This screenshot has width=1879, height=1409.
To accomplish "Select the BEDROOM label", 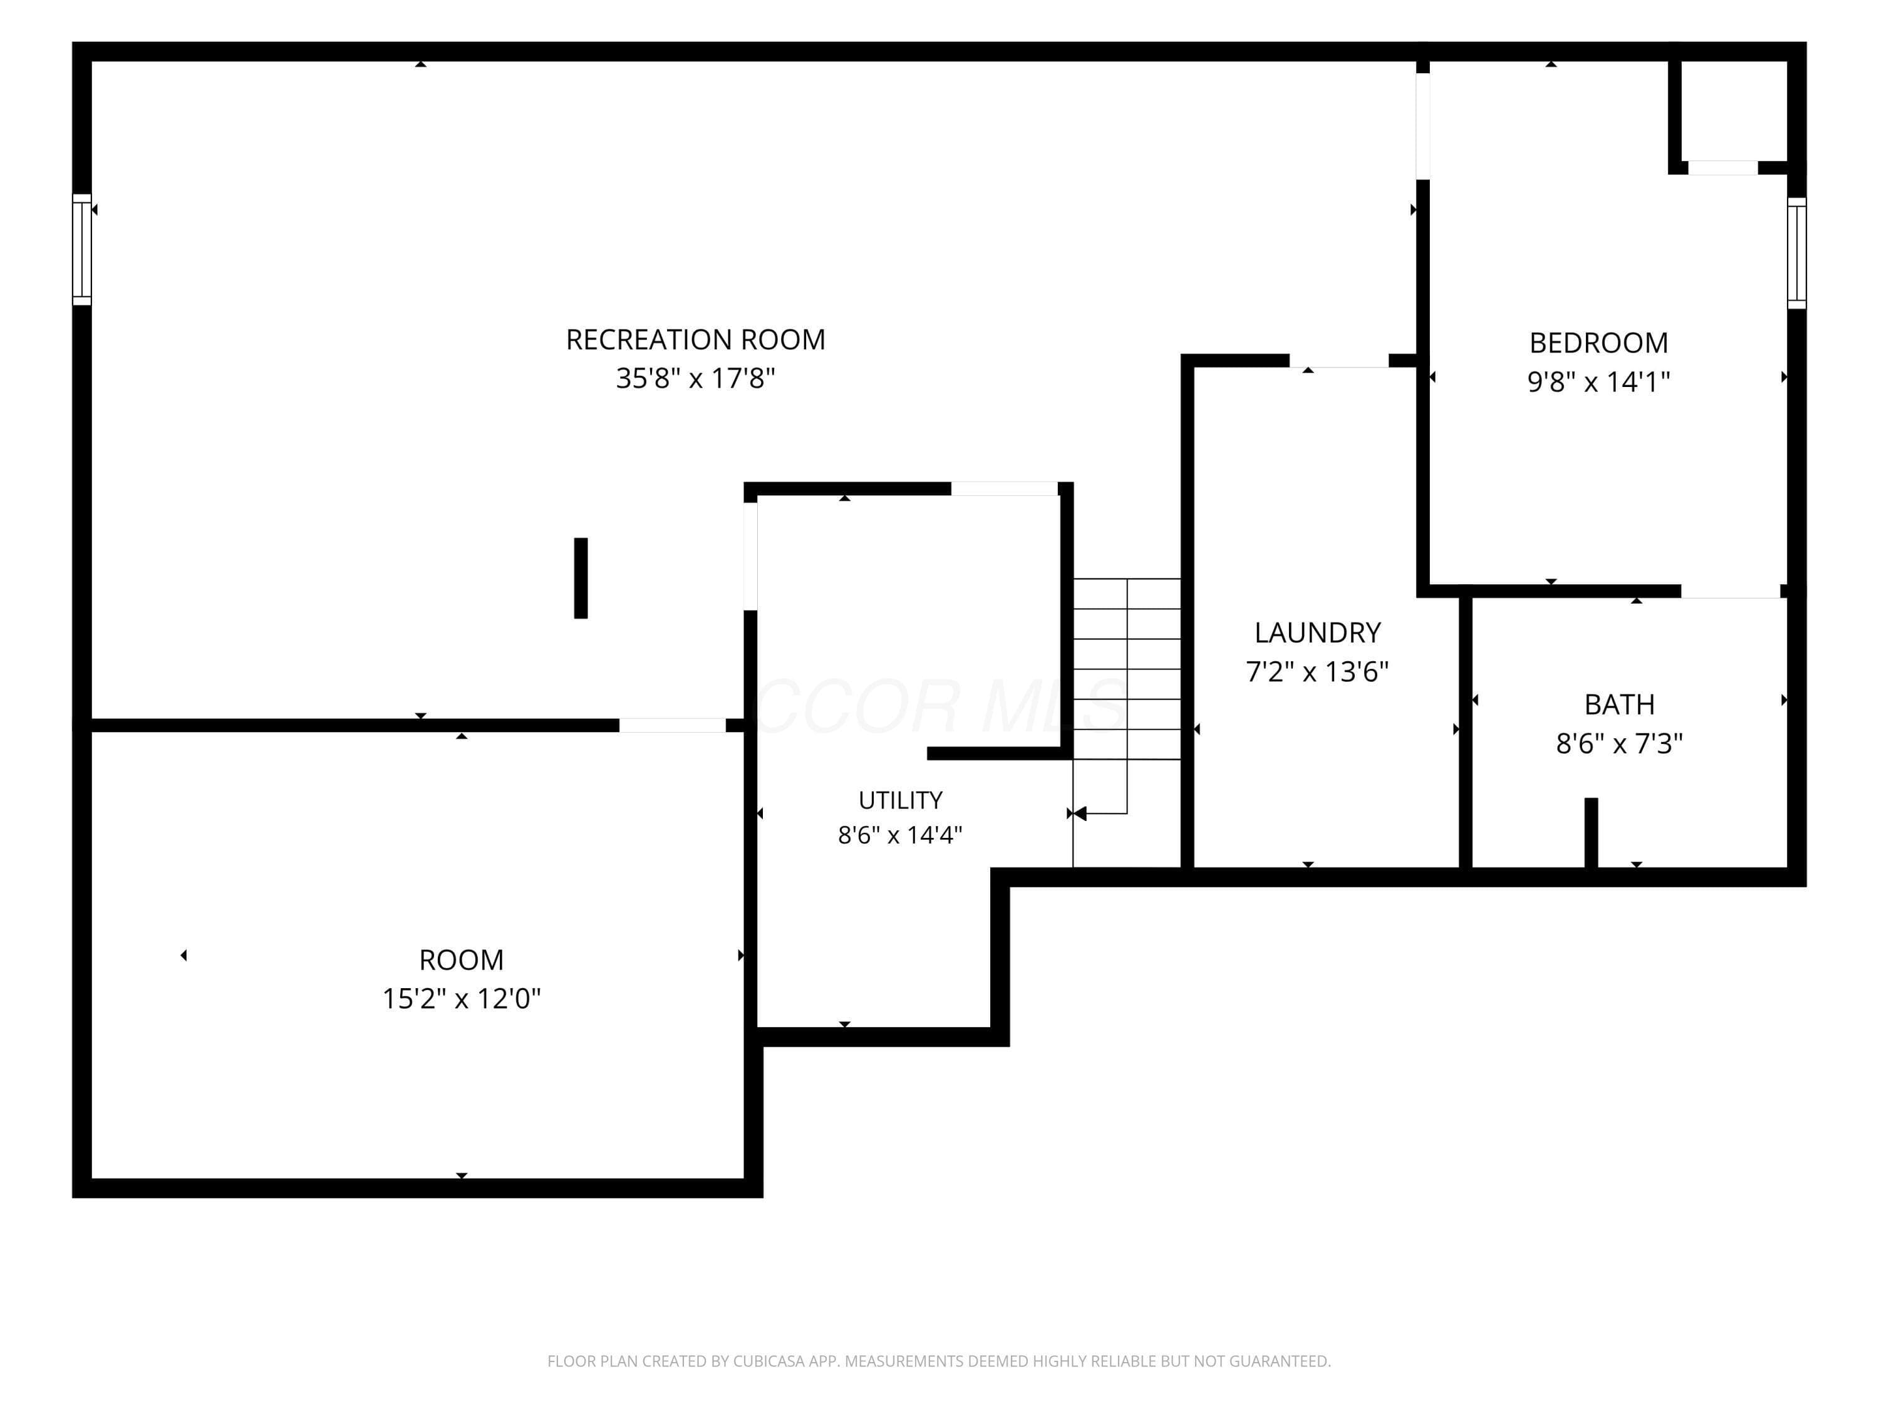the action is click(1598, 343).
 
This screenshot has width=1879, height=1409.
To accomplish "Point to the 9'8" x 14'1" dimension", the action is click(1598, 382).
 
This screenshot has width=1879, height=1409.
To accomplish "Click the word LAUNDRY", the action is click(1318, 632).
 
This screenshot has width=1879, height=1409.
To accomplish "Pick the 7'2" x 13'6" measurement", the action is click(1318, 672).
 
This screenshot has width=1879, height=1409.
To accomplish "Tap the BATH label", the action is click(1619, 705).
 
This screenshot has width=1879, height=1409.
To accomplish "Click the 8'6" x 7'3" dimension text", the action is click(1619, 744).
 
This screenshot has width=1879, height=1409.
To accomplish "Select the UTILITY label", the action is click(901, 800).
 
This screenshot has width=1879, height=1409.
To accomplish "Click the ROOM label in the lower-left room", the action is click(461, 960).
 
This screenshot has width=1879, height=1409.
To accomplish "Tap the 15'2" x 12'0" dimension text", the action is click(461, 999).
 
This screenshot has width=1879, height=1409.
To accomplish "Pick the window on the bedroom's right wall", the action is click(1796, 253).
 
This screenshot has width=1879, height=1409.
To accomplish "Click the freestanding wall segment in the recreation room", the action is click(581, 577).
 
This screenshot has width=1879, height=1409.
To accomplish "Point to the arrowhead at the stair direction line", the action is click(1080, 813).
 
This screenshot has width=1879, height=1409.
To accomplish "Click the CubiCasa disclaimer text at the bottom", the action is click(939, 1361).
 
